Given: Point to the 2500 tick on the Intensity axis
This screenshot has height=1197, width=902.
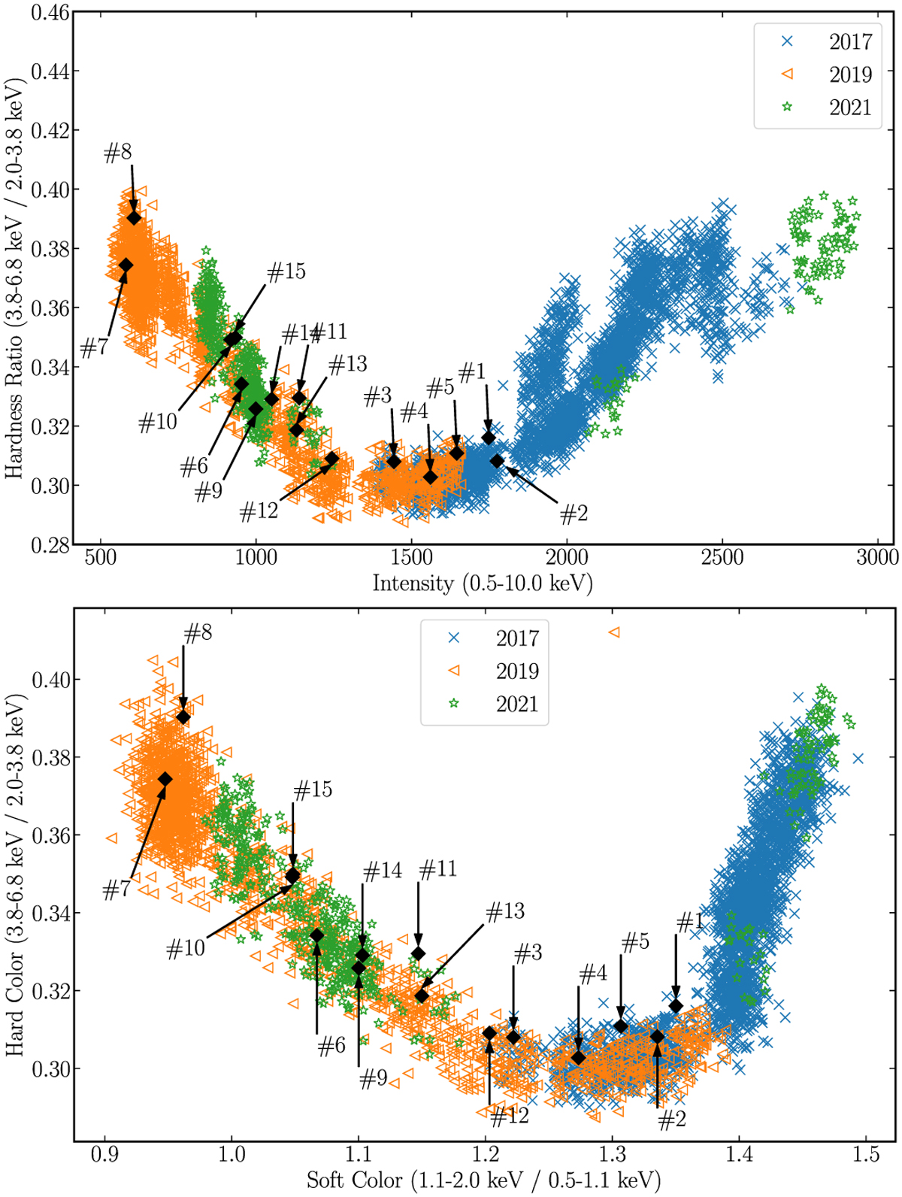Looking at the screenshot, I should pos(722,557).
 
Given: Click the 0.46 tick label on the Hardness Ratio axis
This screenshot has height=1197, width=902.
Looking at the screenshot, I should pos(50,13).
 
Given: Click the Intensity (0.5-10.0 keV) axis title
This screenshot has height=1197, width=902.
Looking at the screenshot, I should pos(482,583).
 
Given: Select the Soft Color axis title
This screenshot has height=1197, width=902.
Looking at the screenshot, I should pos(483,1180).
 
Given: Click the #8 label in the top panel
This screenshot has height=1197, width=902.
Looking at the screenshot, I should pos(118,153).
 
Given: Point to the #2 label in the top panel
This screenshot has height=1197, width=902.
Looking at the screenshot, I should pos(574,514).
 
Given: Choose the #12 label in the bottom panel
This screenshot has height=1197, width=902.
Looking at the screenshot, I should pos(510,1117).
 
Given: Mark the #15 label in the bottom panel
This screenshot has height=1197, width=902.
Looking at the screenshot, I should pos(313,790).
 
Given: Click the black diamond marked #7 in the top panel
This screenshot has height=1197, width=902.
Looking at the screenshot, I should pos(126,265).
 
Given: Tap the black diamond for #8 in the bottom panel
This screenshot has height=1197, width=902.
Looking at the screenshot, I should pos(183,717).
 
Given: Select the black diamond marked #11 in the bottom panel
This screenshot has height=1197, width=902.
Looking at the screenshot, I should pos(419,954).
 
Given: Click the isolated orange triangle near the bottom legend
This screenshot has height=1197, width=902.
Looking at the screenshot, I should pos(614,632).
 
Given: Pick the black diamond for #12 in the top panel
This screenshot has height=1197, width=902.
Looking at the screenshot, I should pos(331,458).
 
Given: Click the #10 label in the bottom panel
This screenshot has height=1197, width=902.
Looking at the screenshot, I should pos(186,948).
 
